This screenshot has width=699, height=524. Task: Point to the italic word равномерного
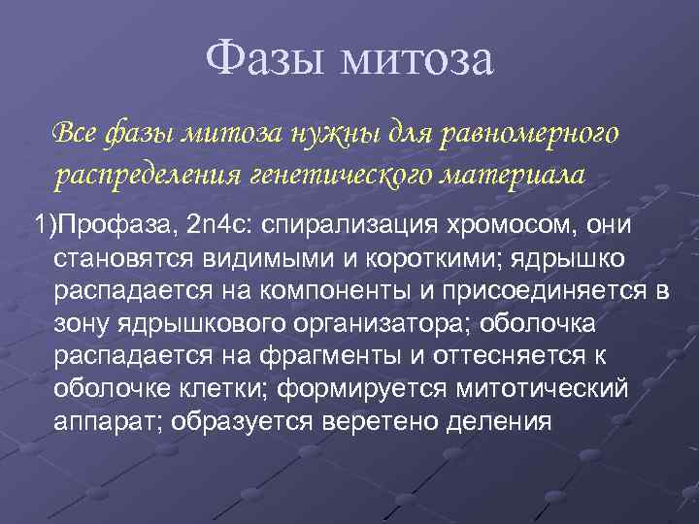530,133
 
